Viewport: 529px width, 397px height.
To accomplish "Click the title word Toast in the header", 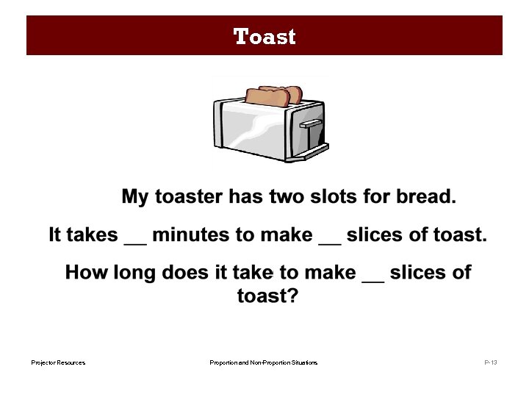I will [264, 37].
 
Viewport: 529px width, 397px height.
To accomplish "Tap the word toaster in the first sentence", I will [187, 197].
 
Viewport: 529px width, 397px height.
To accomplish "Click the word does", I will [184, 273].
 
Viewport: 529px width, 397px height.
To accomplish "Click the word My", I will [134, 197].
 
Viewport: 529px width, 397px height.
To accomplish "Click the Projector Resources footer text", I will [58, 362].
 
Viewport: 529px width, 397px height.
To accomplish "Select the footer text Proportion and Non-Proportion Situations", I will [263, 362].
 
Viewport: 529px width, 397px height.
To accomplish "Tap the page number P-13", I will [490, 362].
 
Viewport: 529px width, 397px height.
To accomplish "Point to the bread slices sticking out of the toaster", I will [273, 96].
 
